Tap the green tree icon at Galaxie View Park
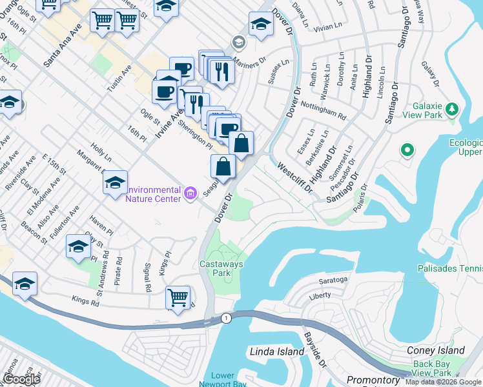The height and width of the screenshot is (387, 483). pyautogui.click(x=453, y=107)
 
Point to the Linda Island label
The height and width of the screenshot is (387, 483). pyautogui.click(x=276, y=352)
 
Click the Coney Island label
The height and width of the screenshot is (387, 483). pyautogui.click(x=436, y=350)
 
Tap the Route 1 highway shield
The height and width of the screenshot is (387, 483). pyautogui.click(x=225, y=318)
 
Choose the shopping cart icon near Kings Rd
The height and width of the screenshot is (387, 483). pyautogui.click(x=178, y=297)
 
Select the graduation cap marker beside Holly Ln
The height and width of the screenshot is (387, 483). pyautogui.click(x=115, y=183)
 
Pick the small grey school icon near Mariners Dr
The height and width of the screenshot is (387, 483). pyautogui.click(x=238, y=43)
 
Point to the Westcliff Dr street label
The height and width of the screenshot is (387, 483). pyautogui.click(x=294, y=178)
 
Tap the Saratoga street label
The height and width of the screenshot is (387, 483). pyautogui.click(x=333, y=281)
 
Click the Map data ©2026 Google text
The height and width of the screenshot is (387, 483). pyautogui.click(x=443, y=382)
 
